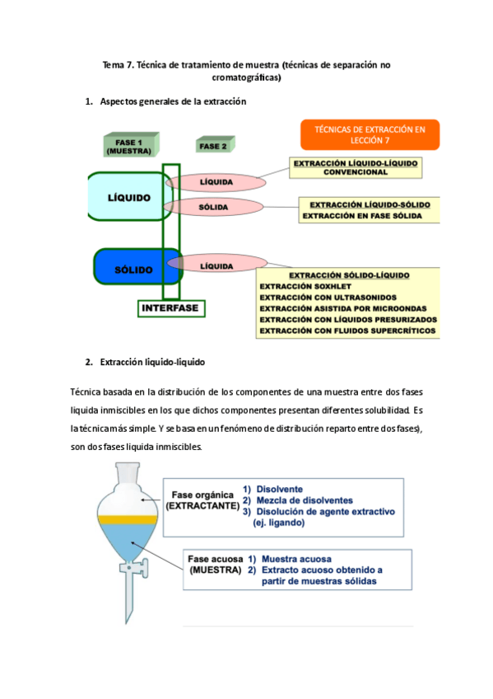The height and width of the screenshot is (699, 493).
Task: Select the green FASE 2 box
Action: coord(215,146)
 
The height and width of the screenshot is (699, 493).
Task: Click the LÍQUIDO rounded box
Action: coord(128,197)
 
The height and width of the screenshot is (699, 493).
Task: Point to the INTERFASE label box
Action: coord(171,308)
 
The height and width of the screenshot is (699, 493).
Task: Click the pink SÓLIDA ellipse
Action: coord(214,206)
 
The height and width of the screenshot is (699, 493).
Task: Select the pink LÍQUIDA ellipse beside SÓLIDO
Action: coord(216,265)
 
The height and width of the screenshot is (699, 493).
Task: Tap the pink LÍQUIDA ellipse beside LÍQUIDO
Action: coord(216,181)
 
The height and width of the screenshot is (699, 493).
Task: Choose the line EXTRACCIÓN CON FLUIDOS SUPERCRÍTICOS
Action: coord(348,331)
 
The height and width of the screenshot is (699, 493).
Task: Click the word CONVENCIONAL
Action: coord(355,173)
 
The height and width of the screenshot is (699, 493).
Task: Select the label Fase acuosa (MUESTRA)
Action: coord(216,564)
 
